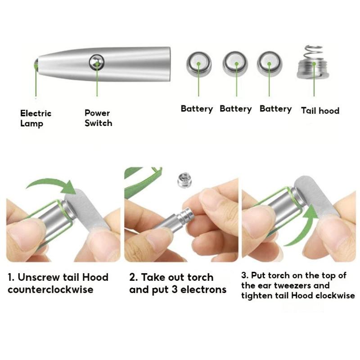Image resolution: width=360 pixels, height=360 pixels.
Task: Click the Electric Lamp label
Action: [36, 118]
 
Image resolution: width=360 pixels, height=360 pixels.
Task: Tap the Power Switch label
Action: [98, 118]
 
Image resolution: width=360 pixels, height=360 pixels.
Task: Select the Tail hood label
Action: [320, 110]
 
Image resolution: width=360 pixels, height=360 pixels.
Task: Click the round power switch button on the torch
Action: [97, 62]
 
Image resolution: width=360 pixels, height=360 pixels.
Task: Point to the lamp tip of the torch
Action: [36, 64]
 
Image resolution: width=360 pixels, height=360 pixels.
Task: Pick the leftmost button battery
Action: [198, 64]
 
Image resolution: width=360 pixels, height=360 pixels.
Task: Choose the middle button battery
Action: [235, 63]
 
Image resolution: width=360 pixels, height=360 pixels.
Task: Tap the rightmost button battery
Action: [270, 63]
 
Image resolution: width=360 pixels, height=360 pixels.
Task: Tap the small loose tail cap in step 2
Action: [184, 180]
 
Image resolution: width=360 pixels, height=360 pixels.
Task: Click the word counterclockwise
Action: [50, 289]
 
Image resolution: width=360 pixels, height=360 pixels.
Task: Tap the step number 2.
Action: [133, 277]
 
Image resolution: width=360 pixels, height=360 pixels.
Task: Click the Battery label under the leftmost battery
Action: [197, 109]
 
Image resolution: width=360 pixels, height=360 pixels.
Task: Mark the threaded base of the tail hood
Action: [313, 70]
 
